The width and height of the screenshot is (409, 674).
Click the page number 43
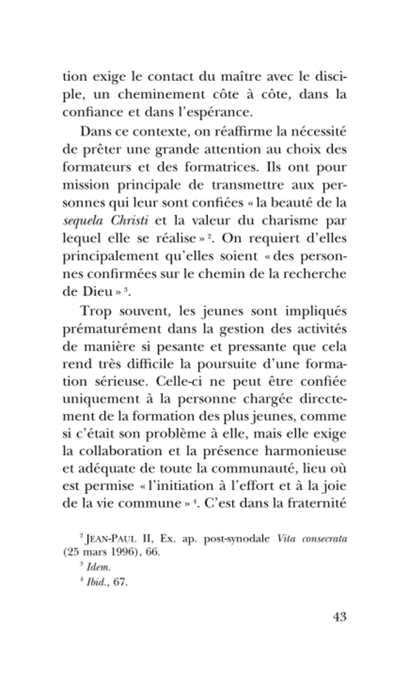[336, 617]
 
